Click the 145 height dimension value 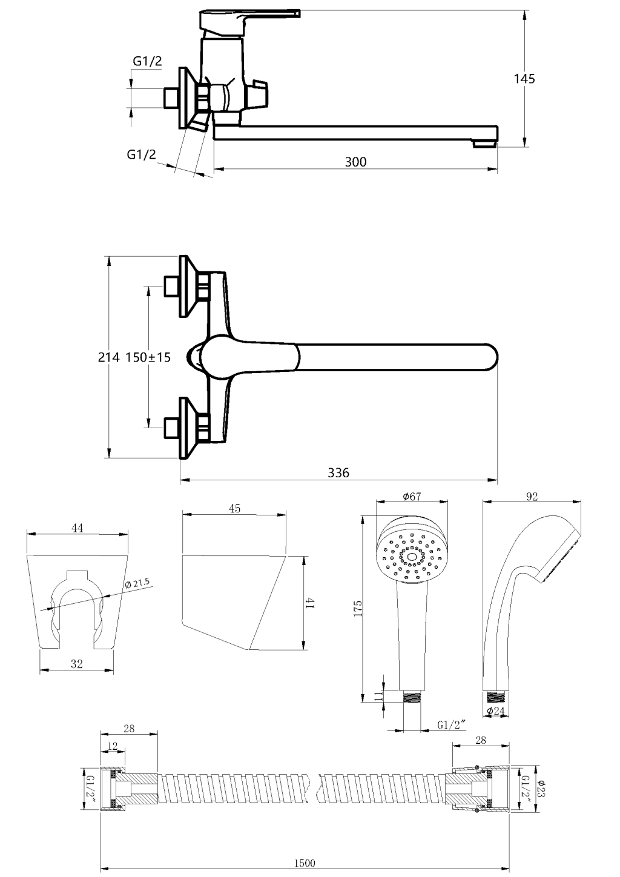point(524,79)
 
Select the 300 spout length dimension point(355,162)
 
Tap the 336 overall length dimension point(338,472)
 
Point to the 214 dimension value point(109,357)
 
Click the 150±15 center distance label point(148,357)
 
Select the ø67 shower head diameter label point(412,497)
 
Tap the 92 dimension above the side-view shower point(532,497)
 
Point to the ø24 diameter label point(496,711)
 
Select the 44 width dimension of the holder point(77,528)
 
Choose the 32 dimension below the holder point(76,664)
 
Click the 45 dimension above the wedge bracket point(235,509)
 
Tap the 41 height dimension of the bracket point(309,603)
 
